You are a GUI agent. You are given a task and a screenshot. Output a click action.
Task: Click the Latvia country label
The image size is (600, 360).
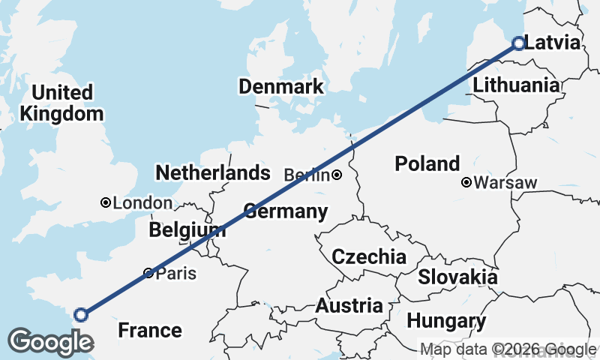tap(553, 43)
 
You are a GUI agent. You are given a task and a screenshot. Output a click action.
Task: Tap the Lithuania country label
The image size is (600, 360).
tap(516, 85)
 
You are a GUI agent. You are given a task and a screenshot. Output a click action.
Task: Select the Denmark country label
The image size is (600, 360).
tap(281, 86)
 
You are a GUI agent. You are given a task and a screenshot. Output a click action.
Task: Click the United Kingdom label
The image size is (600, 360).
tap(62, 103)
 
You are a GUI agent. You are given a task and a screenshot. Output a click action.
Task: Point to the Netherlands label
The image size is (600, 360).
tap(212, 173)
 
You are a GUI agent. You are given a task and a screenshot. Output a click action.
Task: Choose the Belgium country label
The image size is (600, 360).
tap(187, 230)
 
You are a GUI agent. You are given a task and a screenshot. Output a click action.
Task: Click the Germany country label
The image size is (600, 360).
tap(286, 212)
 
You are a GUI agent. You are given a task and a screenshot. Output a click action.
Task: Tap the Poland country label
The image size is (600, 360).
tap(427, 164)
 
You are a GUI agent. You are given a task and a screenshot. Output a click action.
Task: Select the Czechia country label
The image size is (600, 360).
tap(369, 257)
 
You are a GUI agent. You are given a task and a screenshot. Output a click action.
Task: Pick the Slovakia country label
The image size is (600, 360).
tap(457, 277)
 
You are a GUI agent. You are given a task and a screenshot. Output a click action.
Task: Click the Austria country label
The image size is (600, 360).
tap(349, 306)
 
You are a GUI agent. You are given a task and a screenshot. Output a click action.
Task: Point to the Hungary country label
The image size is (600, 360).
tap(446, 322)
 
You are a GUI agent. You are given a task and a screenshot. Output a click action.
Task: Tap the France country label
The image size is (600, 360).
tap(150, 330)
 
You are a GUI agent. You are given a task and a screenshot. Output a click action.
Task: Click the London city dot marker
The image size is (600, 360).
tap(106, 202)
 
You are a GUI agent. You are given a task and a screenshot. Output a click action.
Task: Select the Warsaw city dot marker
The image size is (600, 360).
tap(466, 182)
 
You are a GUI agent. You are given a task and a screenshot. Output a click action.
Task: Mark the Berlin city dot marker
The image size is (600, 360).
tap(337, 175)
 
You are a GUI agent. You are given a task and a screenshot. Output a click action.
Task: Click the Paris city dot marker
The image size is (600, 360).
tap(148, 273)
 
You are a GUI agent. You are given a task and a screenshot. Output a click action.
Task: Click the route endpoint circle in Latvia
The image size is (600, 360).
tap(517, 43)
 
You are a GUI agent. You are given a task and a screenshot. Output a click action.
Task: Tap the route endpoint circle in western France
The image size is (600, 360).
tap(81, 315)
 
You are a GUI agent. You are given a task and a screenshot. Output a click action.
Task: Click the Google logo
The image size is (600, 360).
tap(50, 342)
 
